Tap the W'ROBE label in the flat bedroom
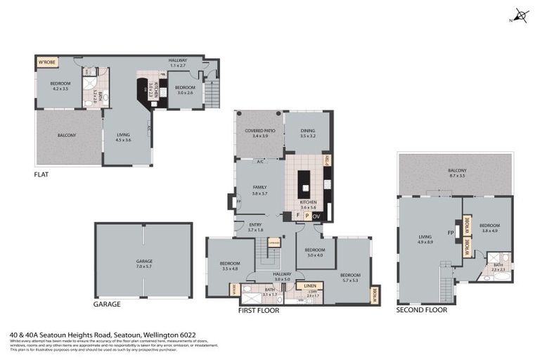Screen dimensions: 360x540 47,63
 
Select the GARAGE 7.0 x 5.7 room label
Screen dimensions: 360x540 144,263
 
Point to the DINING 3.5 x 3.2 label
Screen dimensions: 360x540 308,133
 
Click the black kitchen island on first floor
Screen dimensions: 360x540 305,184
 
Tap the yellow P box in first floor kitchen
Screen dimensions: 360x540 307,216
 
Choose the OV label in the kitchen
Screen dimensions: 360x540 316,216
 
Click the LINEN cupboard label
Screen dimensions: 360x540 309,286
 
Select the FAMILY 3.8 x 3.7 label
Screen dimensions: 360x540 259,190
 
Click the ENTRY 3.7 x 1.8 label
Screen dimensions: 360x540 255,227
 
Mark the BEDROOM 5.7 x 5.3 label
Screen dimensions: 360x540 349,277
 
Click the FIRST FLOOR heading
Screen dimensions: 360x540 259,310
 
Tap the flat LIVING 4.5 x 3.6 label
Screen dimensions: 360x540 123,138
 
